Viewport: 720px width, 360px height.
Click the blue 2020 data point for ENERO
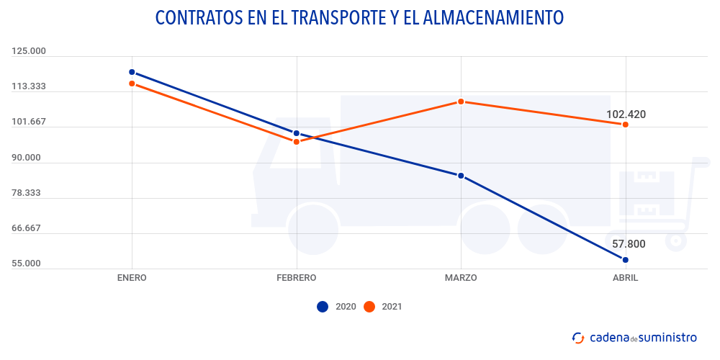point(132,72)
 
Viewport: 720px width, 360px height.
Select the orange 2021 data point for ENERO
point(132,84)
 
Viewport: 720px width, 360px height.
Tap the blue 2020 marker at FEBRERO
point(296,133)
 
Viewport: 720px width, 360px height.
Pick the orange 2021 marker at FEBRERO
point(296,142)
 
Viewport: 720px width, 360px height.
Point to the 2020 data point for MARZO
point(461,176)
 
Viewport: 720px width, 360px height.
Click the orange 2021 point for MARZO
point(461,102)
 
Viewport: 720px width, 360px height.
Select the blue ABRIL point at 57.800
point(626,260)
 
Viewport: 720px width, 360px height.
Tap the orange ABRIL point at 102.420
point(626,125)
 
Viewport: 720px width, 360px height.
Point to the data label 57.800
point(629,244)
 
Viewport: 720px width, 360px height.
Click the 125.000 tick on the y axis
point(29,51)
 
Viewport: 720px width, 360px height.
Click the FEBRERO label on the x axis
point(296,278)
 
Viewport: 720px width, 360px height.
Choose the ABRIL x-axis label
point(625,278)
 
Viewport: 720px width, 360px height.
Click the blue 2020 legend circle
point(323,307)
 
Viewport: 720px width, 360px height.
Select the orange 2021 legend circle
point(369,307)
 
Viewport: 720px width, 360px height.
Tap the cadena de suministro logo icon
point(578,338)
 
